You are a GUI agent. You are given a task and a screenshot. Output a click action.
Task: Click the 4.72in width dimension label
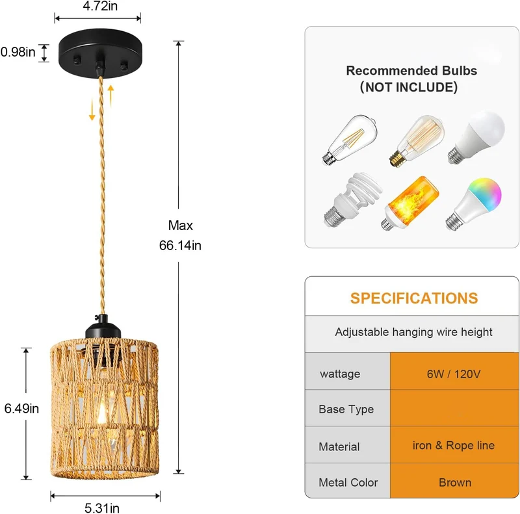100,6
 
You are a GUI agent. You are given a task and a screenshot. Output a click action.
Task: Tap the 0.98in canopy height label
18,52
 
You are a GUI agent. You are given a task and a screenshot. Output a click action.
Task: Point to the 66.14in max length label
180,246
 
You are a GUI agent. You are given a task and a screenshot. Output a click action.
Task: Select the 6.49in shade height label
21,409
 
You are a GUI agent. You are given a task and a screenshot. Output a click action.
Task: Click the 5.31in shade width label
102,508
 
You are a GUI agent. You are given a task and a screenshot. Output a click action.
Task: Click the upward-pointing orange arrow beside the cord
110,96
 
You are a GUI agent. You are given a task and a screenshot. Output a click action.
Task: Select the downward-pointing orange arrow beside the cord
92,110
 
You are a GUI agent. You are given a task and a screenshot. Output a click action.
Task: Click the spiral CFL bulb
352,199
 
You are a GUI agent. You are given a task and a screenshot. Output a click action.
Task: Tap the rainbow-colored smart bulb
474,203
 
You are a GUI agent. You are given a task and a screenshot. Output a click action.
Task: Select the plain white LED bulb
476,137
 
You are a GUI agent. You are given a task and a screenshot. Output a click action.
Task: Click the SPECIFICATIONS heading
414,298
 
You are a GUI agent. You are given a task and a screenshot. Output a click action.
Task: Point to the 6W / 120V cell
454,374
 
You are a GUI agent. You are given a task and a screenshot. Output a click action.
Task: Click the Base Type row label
346,409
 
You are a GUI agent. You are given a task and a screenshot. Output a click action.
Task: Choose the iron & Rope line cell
453,445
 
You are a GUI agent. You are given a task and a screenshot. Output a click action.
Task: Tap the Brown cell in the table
454,483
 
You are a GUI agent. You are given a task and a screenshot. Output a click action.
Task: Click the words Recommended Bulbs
411,71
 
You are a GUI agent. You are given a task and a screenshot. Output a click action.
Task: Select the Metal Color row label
348,483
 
